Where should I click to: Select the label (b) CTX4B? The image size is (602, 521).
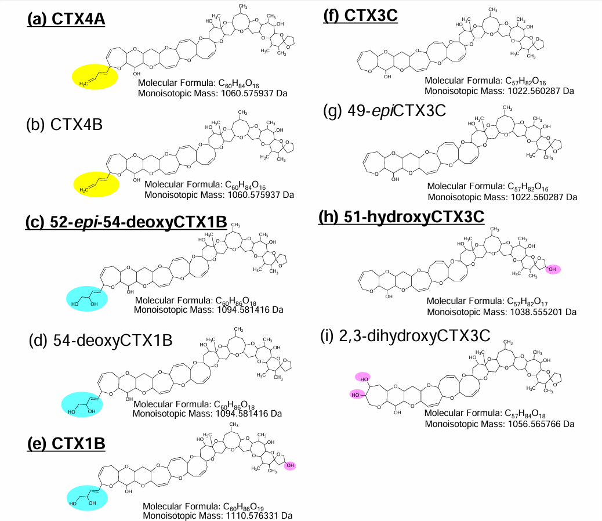[64, 124]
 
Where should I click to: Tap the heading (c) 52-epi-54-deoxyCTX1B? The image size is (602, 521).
[126, 222]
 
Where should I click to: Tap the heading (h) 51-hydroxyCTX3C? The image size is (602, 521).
[401, 217]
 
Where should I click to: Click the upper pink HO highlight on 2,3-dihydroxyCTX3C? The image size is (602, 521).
[363, 378]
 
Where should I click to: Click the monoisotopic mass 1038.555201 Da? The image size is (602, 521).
[502, 312]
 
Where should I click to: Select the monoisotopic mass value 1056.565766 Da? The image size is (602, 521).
[499, 424]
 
